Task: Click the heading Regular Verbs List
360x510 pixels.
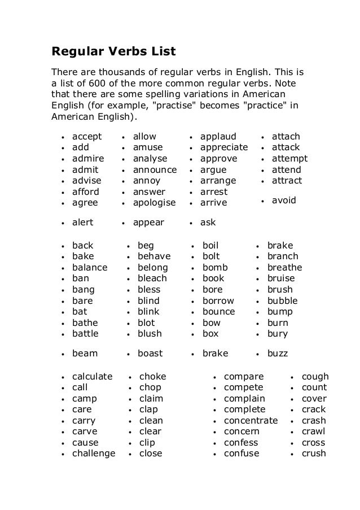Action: pos(114,53)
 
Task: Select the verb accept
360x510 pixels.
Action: pos(87,137)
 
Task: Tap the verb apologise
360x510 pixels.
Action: pos(154,203)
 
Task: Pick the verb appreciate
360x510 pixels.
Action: pos(224,148)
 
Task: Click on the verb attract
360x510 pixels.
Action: pos(287,181)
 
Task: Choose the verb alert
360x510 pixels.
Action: pos(82,223)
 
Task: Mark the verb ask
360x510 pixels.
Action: pos(208,223)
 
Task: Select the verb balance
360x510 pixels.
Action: pos(90,268)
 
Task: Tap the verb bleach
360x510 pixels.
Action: pos(152,278)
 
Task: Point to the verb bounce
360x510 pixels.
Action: pos(218,312)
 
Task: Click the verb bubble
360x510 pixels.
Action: pos(282,300)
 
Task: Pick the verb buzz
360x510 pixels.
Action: pos(278,354)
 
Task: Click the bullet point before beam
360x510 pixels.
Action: pos(62,354)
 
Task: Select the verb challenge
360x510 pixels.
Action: pos(94,454)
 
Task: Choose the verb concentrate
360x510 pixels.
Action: pos(251,421)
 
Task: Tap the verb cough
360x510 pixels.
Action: pos(315,377)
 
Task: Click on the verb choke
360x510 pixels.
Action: pos(152,377)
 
